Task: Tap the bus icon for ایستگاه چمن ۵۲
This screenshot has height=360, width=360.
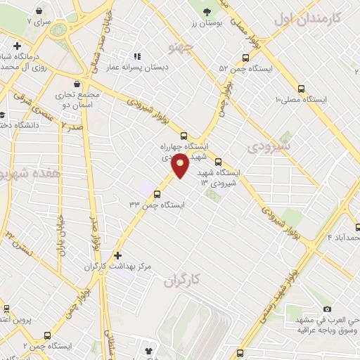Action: tap(245, 58)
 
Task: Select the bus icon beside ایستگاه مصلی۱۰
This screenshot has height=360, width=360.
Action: tap(302, 89)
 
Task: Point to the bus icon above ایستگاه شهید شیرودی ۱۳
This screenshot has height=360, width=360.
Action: tap(218, 161)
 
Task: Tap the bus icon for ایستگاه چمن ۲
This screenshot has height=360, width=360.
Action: tap(47, 336)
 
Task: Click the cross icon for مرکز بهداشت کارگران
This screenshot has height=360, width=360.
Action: tap(117, 255)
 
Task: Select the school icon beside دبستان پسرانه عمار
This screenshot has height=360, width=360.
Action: tap(138, 56)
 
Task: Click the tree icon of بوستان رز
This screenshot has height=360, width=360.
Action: tap(207, 13)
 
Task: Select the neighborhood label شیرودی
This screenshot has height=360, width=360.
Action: tap(266, 146)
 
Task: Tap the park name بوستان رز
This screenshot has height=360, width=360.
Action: tap(207, 24)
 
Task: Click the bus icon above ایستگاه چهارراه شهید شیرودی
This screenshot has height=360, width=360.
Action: tap(184, 136)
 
